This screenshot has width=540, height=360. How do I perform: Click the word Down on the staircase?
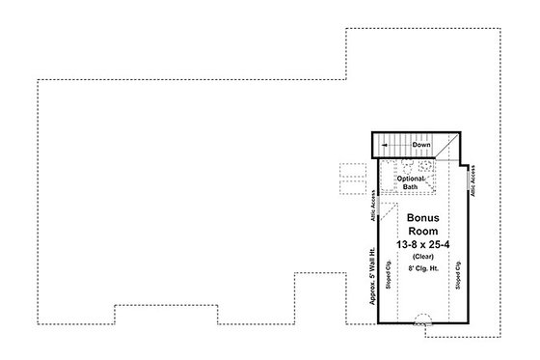(421, 145)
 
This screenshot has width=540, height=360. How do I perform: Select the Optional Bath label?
(411, 184)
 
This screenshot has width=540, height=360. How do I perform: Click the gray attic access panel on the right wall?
(467, 180)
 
